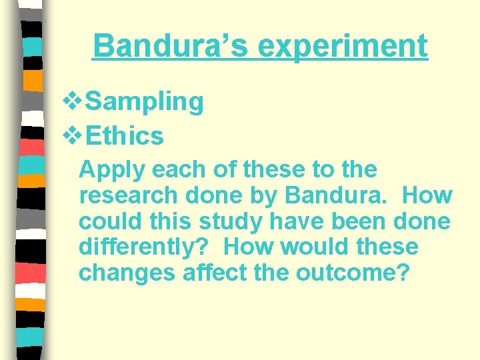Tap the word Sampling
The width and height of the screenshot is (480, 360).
[145, 102]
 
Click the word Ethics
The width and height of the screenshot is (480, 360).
[125, 136]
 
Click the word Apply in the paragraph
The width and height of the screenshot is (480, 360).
[113, 171]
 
